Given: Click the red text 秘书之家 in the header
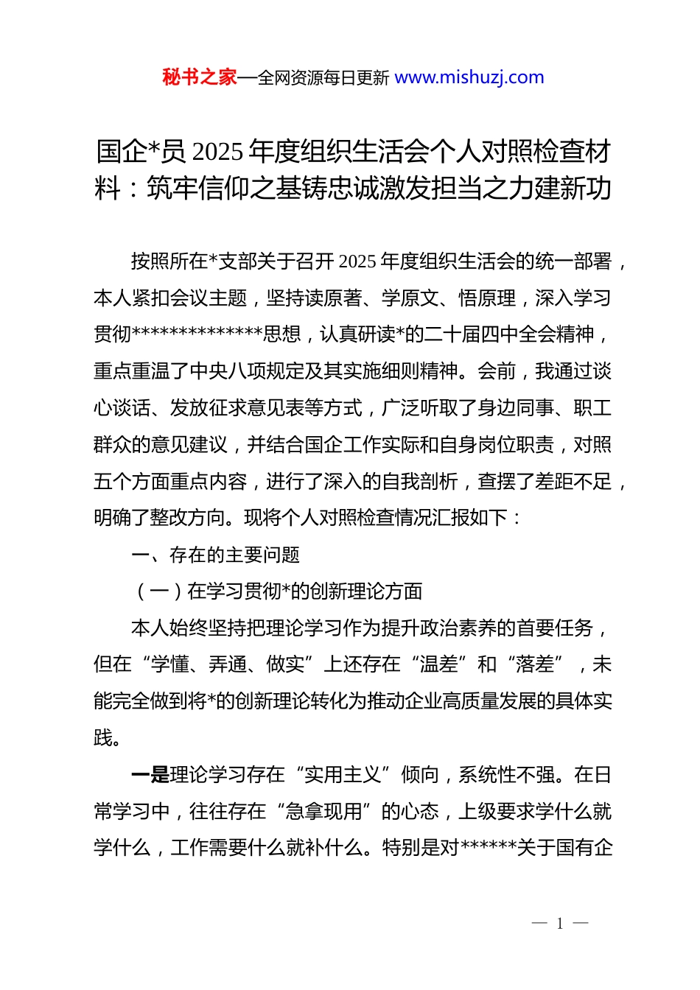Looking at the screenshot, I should (x=200, y=77).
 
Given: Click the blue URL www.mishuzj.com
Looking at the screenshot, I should (x=469, y=77).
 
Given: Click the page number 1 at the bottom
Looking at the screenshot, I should (x=560, y=923).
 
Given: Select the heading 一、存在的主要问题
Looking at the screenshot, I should (x=215, y=555).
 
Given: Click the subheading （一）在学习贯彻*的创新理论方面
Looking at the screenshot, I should (x=277, y=591).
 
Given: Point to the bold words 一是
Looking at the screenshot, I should (x=150, y=775).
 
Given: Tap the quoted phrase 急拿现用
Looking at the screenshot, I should (x=323, y=812).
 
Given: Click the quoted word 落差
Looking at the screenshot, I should (x=534, y=664).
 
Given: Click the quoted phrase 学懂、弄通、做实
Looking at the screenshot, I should (x=227, y=664).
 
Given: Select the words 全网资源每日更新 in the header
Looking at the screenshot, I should (x=323, y=77).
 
